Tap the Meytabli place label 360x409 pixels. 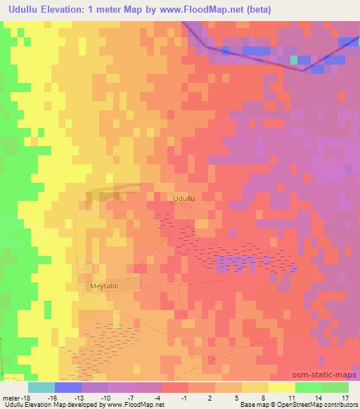[106, 287]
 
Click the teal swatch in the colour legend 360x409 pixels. [41, 387]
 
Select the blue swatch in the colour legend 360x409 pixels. [67, 387]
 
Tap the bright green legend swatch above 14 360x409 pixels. [308, 387]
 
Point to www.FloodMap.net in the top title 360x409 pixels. [211, 10]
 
